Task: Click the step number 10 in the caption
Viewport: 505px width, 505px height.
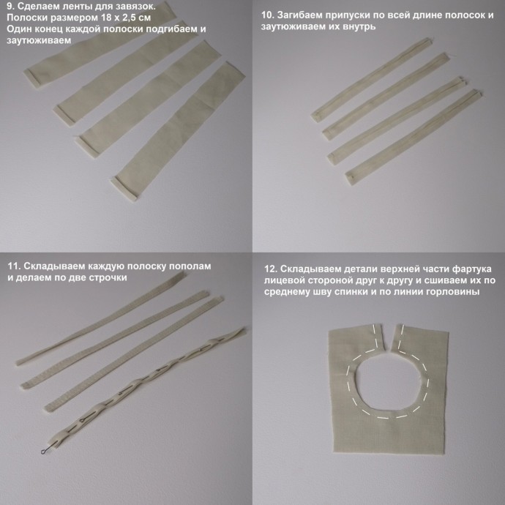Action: (267, 15)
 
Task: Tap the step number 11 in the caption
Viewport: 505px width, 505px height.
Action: (14, 266)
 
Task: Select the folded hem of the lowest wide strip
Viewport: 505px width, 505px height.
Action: (124, 191)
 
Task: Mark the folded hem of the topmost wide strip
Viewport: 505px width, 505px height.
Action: (35, 78)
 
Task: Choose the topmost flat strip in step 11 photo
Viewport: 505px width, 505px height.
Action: (100, 318)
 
